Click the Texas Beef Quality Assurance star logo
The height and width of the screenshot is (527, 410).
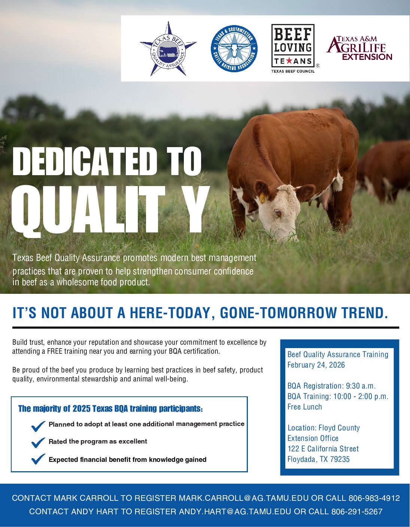(x=168, y=49)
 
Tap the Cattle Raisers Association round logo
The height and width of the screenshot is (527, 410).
(x=234, y=49)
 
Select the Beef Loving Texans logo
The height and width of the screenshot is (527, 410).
(x=293, y=48)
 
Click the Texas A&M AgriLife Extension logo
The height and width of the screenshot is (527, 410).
(x=359, y=48)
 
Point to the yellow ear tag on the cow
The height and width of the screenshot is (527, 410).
(x=263, y=198)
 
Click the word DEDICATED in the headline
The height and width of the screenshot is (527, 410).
(x=84, y=161)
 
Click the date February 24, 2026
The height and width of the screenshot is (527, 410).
(x=316, y=365)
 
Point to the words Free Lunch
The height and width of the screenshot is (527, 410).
(x=304, y=407)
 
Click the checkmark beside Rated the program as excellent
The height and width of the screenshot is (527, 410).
(x=38, y=442)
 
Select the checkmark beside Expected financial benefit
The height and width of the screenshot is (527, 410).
(x=38, y=459)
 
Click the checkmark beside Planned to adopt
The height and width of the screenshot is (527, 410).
(x=38, y=426)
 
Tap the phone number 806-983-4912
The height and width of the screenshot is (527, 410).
(x=374, y=498)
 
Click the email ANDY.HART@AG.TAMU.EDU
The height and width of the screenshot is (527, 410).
(x=235, y=512)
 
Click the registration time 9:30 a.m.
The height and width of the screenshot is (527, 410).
(x=361, y=386)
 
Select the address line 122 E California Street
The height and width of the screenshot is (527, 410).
(x=323, y=449)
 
